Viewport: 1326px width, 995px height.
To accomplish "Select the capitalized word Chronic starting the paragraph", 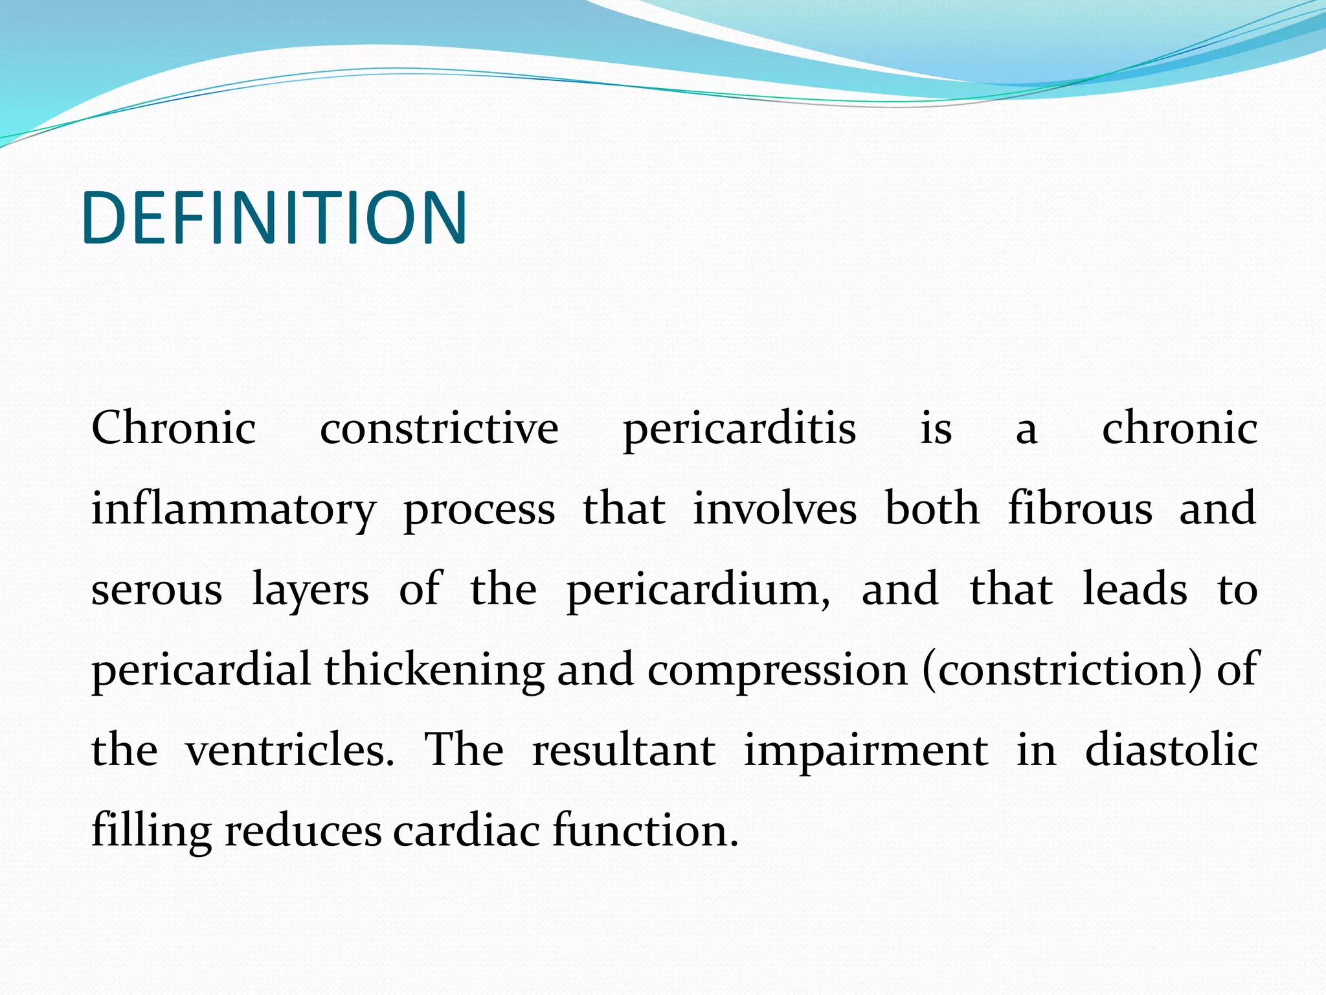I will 174,428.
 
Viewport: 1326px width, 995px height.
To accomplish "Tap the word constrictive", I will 439,428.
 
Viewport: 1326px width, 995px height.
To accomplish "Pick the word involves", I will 775,509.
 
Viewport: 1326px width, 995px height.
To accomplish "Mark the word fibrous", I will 1080,509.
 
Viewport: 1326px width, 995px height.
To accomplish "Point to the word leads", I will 1135,589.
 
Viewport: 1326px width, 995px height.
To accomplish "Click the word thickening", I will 434,670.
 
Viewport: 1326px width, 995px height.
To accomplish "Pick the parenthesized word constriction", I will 1062,670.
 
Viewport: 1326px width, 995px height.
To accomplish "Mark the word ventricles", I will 289,751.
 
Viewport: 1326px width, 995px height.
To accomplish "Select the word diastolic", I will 1171,749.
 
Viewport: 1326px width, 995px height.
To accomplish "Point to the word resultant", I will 624,751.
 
